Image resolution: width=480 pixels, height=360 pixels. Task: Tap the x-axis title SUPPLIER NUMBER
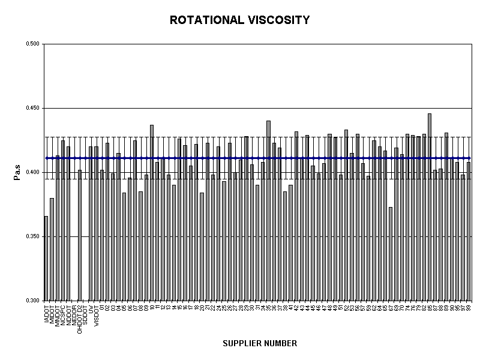point(260,344)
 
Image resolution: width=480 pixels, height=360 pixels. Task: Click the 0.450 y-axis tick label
point(32,109)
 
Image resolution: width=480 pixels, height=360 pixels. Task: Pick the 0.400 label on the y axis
point(32,173)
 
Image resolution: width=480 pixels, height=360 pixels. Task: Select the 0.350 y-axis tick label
point(32,237)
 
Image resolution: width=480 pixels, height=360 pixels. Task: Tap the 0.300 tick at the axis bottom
point(32,301)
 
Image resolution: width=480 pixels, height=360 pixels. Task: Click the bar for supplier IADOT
point(46,259)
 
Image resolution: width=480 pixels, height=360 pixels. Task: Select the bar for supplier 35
point(268,211)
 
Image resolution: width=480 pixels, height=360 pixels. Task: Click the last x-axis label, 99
point(469,307)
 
